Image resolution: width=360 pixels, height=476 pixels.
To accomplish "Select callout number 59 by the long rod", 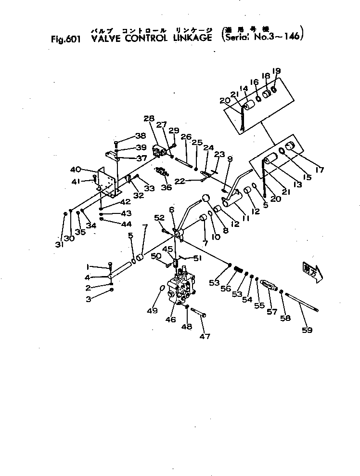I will (x=307, y=330).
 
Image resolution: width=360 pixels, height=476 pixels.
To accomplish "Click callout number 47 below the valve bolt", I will (x=205, y=336).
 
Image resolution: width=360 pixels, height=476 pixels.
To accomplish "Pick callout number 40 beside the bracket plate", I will (x=75, y=169).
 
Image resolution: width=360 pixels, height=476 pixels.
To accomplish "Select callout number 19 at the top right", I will (x=276, y=71).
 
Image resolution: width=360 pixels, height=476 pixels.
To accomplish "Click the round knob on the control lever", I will (x=206, y=198).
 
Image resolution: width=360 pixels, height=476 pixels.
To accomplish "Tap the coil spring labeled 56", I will (x=238, y=276).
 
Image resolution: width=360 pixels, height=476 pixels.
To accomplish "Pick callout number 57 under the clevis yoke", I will (x=272, y=312).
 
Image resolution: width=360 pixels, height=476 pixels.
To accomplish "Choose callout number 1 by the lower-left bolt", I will (x=88, y=266).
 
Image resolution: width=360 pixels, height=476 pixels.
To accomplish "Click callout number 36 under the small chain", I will (x=167, y=187).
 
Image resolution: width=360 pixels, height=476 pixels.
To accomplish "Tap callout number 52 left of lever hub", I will (x=159, y=218).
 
